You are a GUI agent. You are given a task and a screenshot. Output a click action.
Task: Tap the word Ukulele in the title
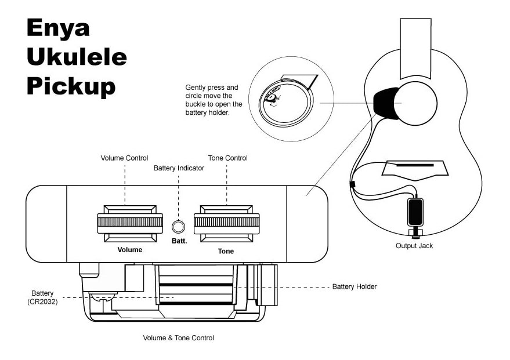point(76,57)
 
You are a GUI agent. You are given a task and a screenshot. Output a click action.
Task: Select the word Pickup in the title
point(71,86)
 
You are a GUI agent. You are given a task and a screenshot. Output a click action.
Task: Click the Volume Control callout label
point(124,158)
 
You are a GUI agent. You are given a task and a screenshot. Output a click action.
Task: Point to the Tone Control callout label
point(227,158)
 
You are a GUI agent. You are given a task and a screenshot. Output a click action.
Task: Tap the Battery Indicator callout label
point(179,168)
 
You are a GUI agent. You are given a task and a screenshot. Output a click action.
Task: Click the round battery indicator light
point(179,225)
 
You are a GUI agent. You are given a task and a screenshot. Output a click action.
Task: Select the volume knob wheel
point(130,222)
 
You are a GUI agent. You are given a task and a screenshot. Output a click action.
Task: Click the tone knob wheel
point(226,222)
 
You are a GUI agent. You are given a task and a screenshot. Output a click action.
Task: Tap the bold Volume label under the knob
point(129,250)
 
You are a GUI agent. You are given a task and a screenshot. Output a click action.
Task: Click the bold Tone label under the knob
point(226,251)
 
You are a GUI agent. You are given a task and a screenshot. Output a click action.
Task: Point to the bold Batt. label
point(179,241)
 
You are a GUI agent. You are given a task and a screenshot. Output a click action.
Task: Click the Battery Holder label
point(354,287)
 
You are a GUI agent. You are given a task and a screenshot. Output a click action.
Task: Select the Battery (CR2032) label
point(42,297)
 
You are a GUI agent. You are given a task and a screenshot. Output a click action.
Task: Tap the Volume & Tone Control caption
point(178,337)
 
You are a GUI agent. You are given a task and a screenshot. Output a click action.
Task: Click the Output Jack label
point(414,246)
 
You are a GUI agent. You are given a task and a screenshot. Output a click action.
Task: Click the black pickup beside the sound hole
point(385,103)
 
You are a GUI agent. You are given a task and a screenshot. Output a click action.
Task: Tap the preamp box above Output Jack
point(415,212)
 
